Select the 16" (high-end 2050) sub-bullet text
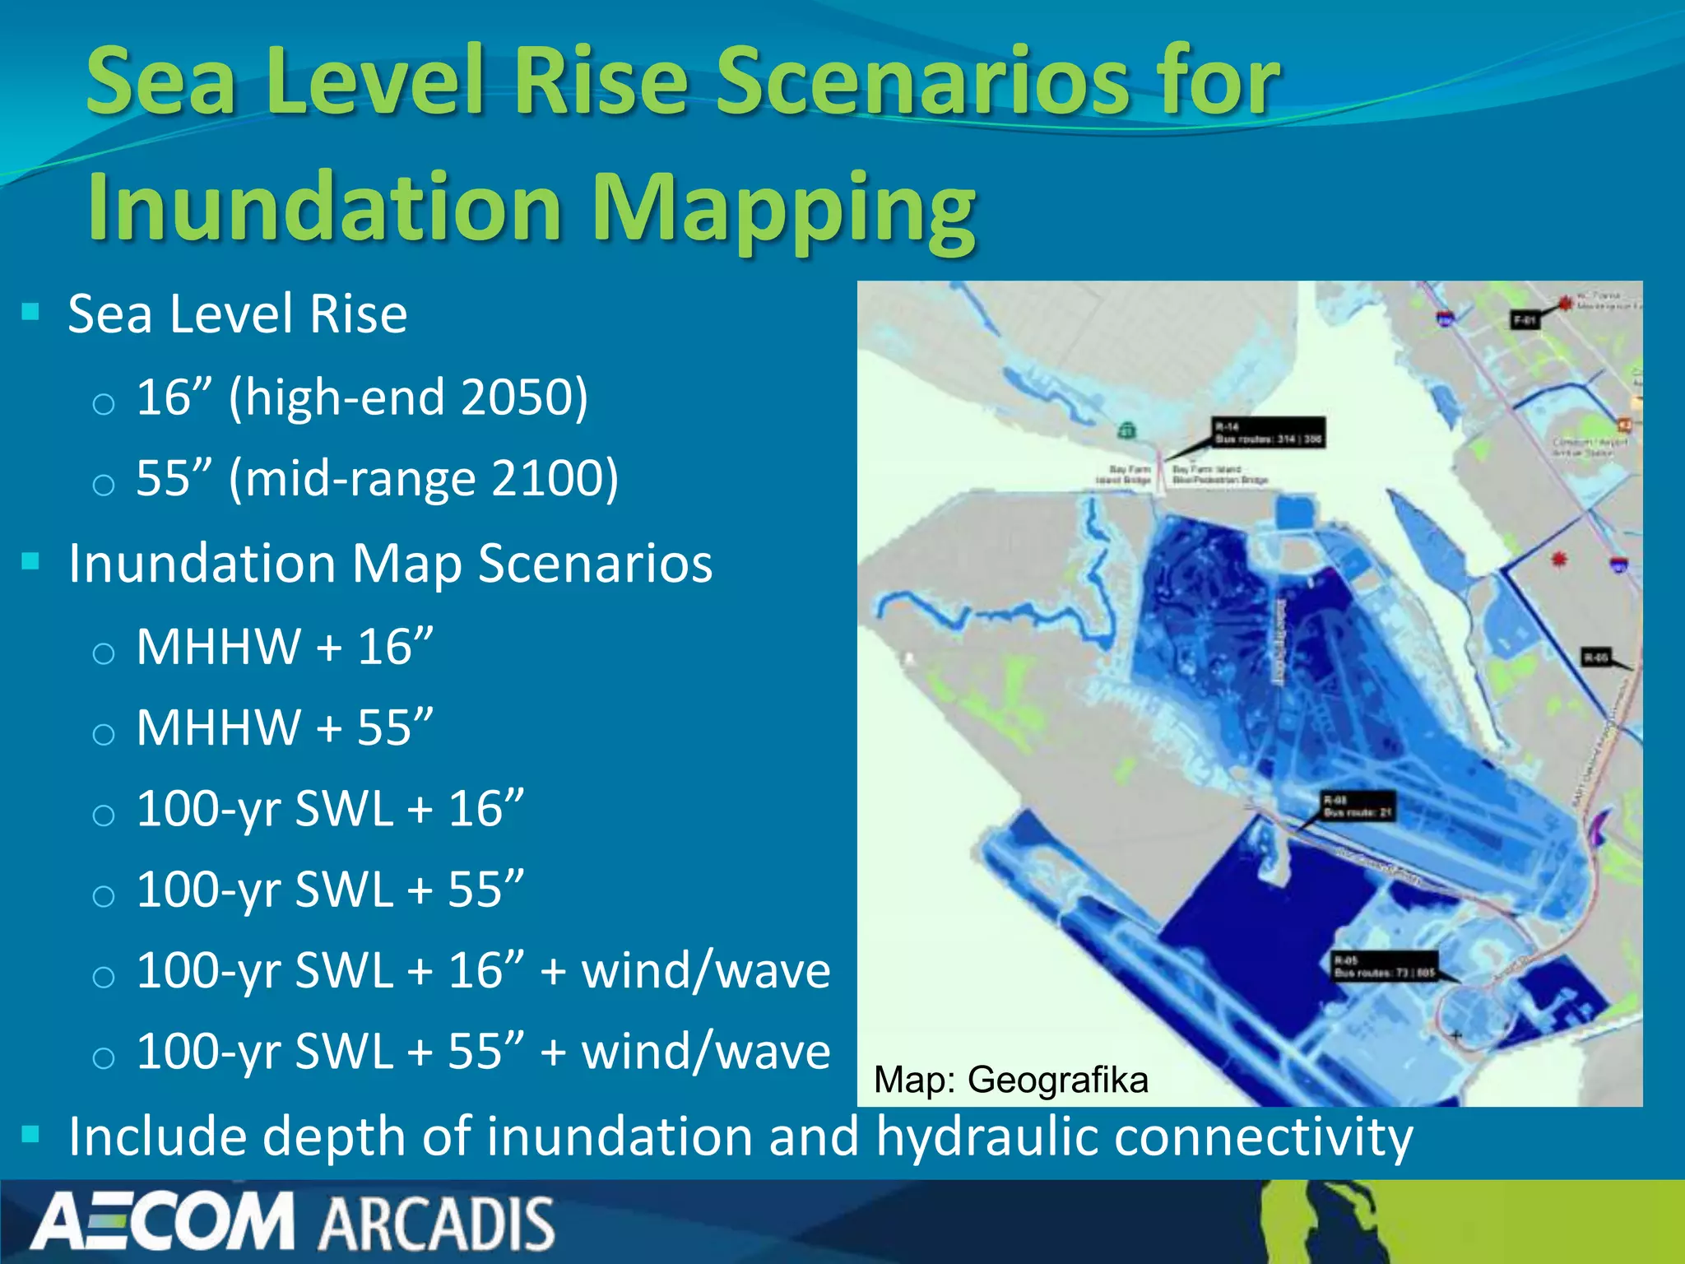pyautogui.click(x=362, y=397)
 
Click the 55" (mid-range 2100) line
pyautogui.click(x=377, y=478)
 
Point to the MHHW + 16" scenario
pyautogui.click(x=284, y=647)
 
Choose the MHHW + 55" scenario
pyautogui.click(x=284, y=727)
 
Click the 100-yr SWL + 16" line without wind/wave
pyautogui.click(x=329, y=809)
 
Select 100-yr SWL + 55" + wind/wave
pyautogui.click(x=482, y=1052)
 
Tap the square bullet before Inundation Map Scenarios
pyautogui.click(x=31, y=562)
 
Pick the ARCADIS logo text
pyautogui.click(x=437, y=1224)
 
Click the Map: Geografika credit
pyautogui.click(x=1010, y=1080)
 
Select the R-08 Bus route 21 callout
pyautogui.click(x=1357, y=806)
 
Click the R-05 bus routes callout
pyautogui.click(x=1384, y=966)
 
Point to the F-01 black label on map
pyautogui.click(x=1525, y=320)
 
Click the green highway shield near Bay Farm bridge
pyautogui.click(x=1126, y=430)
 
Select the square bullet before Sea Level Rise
pyautogui.click(x=31, y=312)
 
